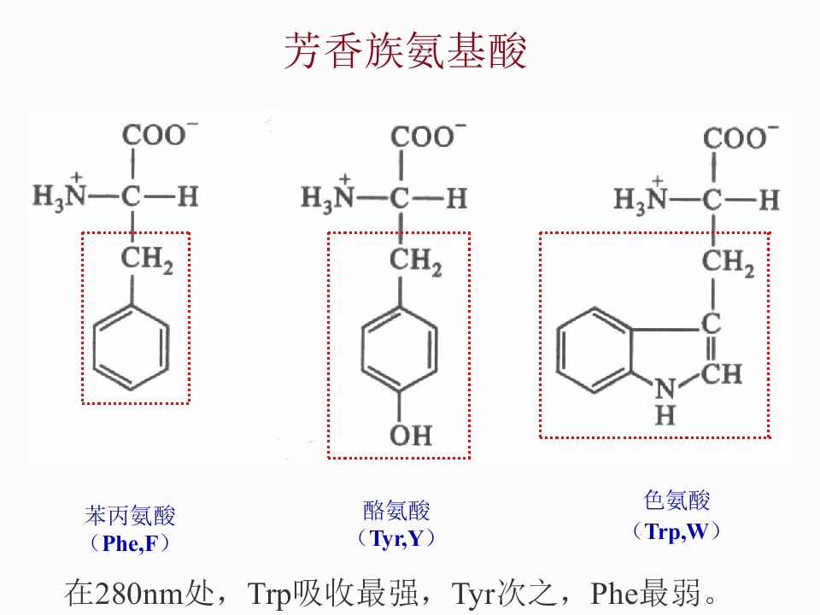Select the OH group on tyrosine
[411, 435]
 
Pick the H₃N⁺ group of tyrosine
[328, 197]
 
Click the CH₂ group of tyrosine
[415, 261]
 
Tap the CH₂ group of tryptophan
[728, 262]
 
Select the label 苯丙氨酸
[130, 516]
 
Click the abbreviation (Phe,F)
[130, 543]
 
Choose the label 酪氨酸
[396, 511]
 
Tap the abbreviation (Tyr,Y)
[396, 538]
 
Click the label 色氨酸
[676, 500]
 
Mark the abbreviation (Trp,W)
[676, 531]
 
